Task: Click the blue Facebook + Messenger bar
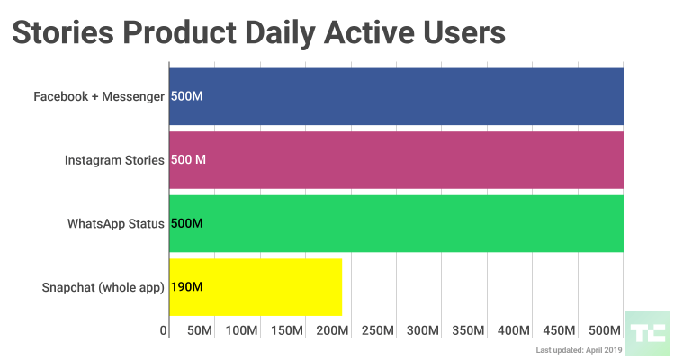(396, 96)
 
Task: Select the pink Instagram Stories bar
(396, 160)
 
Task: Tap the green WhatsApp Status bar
(396, 223)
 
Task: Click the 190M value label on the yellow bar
(187, 287)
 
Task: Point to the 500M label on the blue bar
(187, 96)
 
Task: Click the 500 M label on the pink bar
(189, 160)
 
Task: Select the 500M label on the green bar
(187, 223)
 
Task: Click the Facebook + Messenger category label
(99, 96)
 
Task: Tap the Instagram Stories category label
(114, 160)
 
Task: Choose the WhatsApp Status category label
(115, 223)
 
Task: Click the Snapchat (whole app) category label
(103, 287)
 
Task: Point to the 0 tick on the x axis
(164, 331)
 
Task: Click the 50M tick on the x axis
(199, 331)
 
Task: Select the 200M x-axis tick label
(334, 331)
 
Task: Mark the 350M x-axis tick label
(469, 331)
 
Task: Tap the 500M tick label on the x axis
(604, 331)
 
